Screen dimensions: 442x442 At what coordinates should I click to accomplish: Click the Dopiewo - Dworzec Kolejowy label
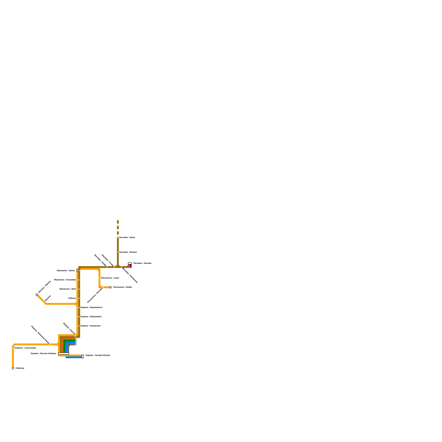coord(43,353)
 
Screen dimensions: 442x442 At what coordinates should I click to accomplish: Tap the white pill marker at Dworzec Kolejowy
coord(64,354)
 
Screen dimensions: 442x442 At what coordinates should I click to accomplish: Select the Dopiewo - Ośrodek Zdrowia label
coord(98,355)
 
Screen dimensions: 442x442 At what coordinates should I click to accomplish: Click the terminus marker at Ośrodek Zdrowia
coord(83,356)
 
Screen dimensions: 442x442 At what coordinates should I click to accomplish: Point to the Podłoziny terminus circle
coord(13,368)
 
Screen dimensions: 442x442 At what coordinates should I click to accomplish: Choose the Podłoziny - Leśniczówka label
coord(25,348)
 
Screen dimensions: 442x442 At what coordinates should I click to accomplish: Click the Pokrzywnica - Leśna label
coord(110,278)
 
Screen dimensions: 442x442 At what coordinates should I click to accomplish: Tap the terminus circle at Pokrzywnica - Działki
coord(110,287)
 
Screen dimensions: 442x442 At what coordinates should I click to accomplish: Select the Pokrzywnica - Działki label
coord(122,287)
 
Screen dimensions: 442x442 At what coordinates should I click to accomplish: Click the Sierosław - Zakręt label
coord(127,237)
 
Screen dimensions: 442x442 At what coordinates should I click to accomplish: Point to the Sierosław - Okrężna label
coord(128,252)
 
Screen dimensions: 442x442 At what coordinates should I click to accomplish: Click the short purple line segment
coord(131,266)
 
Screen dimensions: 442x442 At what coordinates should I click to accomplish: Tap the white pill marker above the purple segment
coord(130,263)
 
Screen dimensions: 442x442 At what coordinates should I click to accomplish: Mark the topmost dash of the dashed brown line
coord(118,222)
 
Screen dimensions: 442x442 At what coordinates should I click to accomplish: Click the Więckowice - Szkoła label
coord(66,271)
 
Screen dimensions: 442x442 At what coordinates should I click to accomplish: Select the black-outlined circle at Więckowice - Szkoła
coord(77,271)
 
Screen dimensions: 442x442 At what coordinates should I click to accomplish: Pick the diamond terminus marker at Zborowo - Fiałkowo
coord(37,295)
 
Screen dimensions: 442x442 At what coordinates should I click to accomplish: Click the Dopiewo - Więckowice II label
coord(91,307)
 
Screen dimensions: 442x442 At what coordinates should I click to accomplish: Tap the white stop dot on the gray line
coord(76,344)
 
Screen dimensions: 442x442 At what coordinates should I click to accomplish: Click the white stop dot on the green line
coord(76,341)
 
